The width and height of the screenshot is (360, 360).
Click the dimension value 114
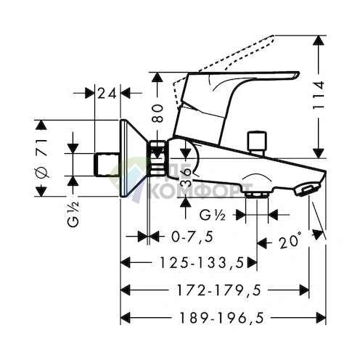coord(319,95)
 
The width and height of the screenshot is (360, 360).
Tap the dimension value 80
coord(158,113)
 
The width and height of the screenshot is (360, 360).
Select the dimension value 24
coord(107,94)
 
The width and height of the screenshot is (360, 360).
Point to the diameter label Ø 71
coord(41,158)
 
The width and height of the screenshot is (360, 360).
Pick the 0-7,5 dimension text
coord(192,237)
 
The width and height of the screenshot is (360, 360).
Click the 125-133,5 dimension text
coord(202,263)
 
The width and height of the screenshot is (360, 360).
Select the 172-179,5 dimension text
coord(219,290)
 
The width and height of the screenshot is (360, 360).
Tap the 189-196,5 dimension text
coord(221,318)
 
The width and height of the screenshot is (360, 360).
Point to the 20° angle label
coord(290,240)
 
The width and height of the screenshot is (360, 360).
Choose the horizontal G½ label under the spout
coord(213,215)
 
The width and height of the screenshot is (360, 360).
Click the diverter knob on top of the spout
coord(257,142)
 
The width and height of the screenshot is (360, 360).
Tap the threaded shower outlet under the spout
coord(257,195)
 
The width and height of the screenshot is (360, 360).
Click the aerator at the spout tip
coord(307,189)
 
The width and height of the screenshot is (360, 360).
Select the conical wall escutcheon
coord(134,158)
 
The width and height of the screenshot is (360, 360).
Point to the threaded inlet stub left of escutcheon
coord(107,165)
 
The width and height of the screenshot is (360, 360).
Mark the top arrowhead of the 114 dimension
coord(319,41)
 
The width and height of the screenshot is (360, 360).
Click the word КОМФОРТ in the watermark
coord(200,190)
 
